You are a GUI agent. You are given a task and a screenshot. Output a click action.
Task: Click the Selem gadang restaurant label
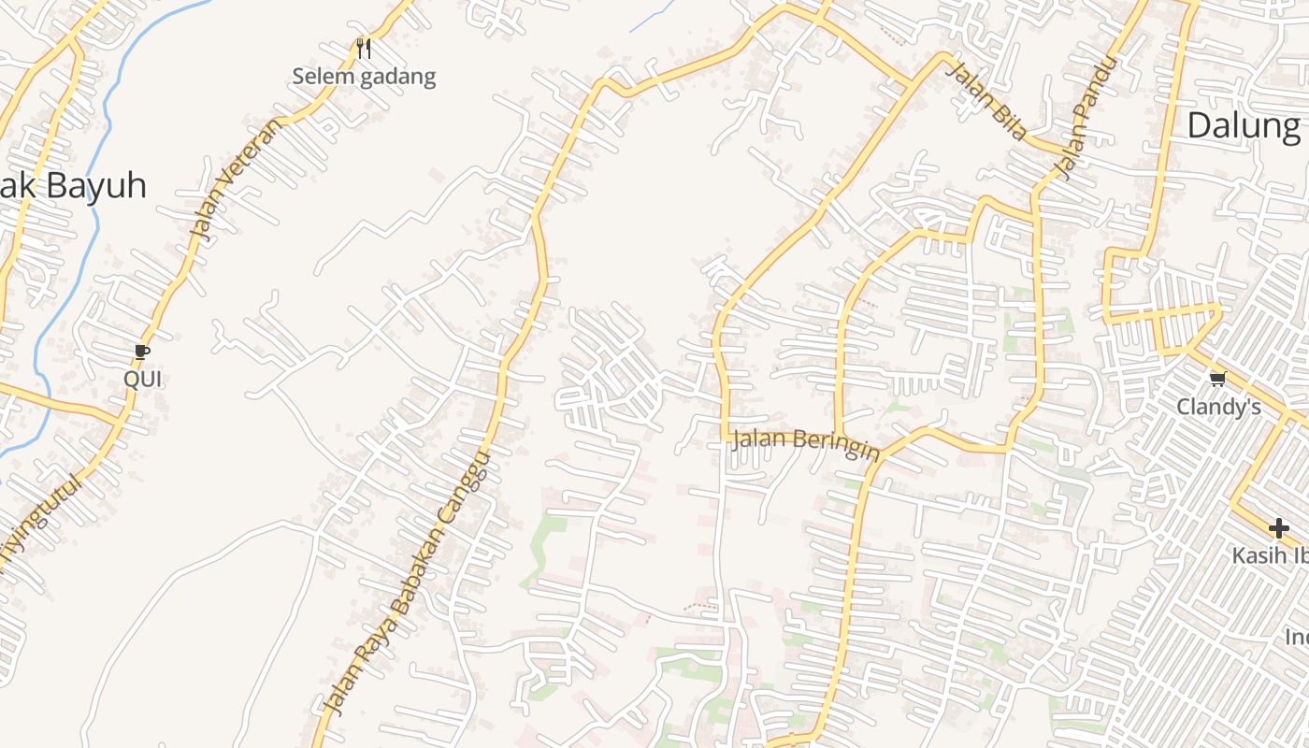(364, 77)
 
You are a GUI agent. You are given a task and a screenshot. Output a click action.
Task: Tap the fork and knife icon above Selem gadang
(364, 47)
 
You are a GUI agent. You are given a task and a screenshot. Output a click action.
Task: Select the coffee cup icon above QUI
(142, 352)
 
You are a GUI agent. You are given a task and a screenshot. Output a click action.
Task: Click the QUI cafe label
(143, 379)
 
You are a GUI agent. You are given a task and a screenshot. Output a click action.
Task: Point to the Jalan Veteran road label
(234, 177)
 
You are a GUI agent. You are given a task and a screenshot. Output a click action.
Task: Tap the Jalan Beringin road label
(805, 443)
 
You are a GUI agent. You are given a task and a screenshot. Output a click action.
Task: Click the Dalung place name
(1243, 124)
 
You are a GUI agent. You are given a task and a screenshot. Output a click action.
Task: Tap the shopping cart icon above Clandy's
(1217, 379)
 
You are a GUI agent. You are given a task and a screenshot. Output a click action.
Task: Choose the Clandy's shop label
(1218, 407)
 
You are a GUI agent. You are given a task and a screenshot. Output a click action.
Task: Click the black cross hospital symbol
(1278, 528)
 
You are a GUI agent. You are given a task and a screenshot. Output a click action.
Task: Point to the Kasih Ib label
(1269, 555)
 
